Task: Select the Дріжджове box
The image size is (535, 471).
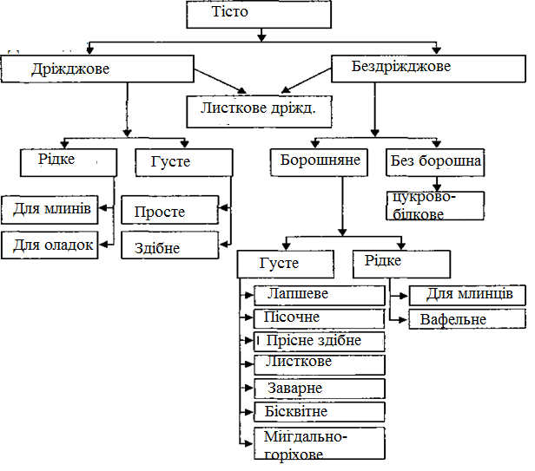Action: [x=96, y=69]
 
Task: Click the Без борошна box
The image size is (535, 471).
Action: [x=434, y=161]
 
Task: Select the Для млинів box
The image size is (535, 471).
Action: [x=53, y=209]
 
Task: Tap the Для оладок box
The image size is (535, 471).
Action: [x=53, y=245]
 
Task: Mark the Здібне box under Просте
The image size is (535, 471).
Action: [x=168, y=246]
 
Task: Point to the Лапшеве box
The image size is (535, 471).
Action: [x=319, y=295]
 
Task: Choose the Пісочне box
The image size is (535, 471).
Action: [x=319, y=318]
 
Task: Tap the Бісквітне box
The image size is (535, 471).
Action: [x=319, y=412]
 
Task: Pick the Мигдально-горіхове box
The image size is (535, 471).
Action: [x=319, y=443]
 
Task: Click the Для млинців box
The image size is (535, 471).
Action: [x=466, y=295]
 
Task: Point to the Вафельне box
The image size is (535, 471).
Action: [x=466, y=319]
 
